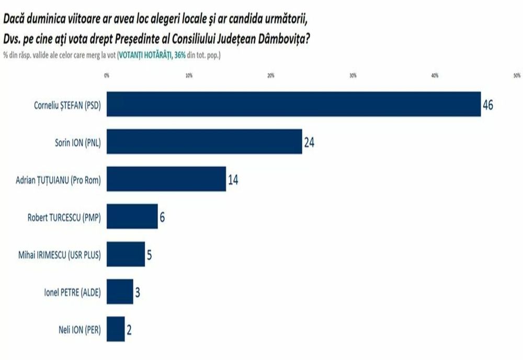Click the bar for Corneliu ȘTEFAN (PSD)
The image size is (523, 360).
point(293,104)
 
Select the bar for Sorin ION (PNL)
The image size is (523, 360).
point(204,141)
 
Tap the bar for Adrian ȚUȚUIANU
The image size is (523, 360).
point(166,179)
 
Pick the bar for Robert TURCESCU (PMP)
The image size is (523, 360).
point(132,216)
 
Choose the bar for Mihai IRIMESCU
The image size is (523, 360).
point(126,254)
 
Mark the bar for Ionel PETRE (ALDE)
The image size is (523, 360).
point(120,291)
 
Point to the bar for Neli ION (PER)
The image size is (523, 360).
point(116,329)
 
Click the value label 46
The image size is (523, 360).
point(488,105)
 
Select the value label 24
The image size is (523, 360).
point(309,142)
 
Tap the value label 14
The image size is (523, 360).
point(233,180)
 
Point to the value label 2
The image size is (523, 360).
point(129,330)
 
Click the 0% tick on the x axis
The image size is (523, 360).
point(107,76)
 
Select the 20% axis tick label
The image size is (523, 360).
point(271,76)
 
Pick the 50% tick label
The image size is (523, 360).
point(517,76)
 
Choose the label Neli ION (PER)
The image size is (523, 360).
point(79,330)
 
